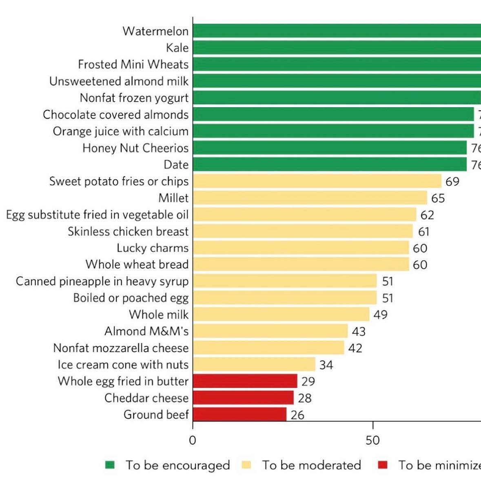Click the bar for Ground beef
(x=239, y=415)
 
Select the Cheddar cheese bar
(x=243, y=398)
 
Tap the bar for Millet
(x=310, y=198)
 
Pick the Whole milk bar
(x=281, y=315)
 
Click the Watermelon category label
(x=155, y=31)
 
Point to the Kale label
(x=177, y=48)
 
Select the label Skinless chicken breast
(x=128, y=231)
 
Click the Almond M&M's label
(x=146, y=331)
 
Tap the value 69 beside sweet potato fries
(x=452, y=182)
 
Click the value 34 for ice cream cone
(x=326, y=365)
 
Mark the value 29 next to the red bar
(x=308, y=381)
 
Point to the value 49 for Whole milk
(x=380, y=315)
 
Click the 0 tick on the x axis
(x=193, y=441)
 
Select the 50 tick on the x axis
(x=372, y=441)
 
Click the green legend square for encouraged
(x=110, y=465)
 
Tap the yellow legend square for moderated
(x=246, y=465)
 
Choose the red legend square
(x=382, y=465)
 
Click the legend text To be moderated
(x=311, y=465)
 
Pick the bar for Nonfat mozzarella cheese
(x=268, y=348)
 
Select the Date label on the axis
(x=176, y=165)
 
